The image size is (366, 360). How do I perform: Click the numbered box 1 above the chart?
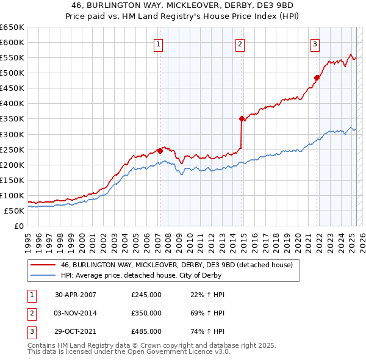(x=158, y=43)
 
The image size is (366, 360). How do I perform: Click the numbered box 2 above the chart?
(x=240, y=43)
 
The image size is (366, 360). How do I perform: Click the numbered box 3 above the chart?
(x=315, y=43)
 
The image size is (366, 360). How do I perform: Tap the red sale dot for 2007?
(x=160, y=150)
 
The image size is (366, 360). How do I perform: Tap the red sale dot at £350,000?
(x=242, y=118)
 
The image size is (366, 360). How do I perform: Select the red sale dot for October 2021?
(x=317, y=77)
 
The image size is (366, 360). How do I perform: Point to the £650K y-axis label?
(x=12, y=27)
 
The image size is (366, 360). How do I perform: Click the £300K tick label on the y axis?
(x=12, y=134)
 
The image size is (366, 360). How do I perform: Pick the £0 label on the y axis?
(x=19, y=226)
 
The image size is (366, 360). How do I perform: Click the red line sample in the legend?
(x=43, y=265)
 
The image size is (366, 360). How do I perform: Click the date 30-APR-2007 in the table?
(x=76, y=295)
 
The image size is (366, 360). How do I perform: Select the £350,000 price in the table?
(x=146, y=313)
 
